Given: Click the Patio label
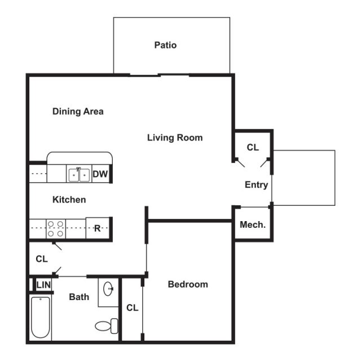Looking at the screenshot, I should tap(165, 45).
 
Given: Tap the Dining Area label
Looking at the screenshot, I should tap(78, 111).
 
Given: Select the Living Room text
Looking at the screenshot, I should tap(175, 137).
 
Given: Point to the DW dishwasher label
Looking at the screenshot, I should tap(100, 174).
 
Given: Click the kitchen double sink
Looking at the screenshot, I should tap(78, 175).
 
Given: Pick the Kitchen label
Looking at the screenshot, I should tap(69, 200).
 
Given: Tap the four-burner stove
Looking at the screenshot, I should tap(55, 228).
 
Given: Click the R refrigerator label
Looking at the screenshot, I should tap(97, 228).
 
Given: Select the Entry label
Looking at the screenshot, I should tap(256, 184).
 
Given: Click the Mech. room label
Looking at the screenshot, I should tap(253, 224).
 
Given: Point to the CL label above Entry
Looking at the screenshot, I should tap(253, 148).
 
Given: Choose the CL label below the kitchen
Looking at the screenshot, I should tap(42, 259).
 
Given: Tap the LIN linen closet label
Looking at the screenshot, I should tap(43, 285).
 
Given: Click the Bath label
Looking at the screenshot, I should tap(79, 297).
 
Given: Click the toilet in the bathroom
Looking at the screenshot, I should tap(106, 325).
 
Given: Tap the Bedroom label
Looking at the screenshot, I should tap(188, 284).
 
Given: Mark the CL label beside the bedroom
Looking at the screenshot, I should tap(132, 308).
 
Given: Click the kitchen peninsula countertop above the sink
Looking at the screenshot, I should tap(80, 157).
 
